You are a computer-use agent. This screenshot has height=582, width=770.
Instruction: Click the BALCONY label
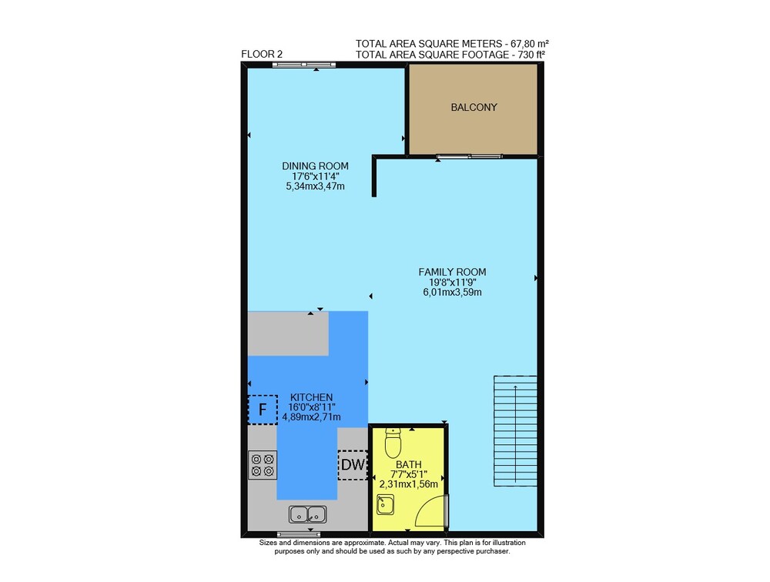pos(474,107)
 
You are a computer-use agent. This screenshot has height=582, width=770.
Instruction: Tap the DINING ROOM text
pos(315,166)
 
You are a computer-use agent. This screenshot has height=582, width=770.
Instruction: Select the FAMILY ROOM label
pos(452,272)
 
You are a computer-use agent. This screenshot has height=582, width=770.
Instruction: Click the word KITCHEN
pos(311,397)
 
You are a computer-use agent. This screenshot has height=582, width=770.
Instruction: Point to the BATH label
pos(409,465)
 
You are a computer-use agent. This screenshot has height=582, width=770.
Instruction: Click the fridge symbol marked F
pos(263,409)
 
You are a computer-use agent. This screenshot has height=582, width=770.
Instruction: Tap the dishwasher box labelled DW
pos(353,465)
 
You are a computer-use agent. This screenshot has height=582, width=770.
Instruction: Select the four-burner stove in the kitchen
pos(263,465)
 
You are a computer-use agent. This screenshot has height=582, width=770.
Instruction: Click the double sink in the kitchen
pos(308,514)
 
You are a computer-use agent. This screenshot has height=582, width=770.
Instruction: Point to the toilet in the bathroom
pos(393,442)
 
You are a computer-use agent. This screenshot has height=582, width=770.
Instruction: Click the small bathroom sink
pos(385,505)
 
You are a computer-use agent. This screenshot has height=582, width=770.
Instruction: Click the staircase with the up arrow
pos(515,431)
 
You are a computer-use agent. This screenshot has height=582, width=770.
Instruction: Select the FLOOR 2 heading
pos(262,54)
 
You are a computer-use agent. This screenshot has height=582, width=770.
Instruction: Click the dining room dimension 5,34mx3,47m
pos(315,186)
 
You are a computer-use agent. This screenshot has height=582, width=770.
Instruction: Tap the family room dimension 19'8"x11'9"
pos(452,283)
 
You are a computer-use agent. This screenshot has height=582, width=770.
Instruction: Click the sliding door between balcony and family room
pos(470,157)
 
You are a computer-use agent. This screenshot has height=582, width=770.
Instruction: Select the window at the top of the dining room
pos(304,65)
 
